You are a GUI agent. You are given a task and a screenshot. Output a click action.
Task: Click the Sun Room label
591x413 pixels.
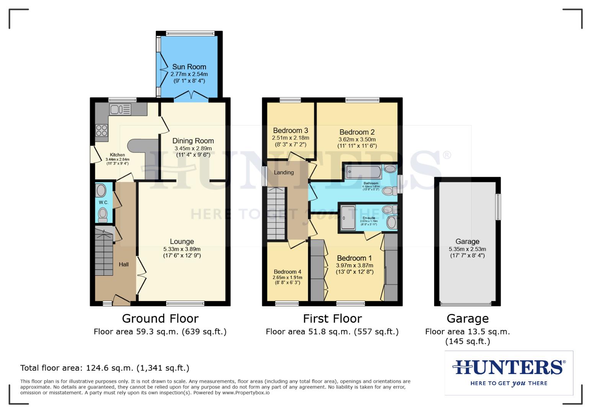(x=189, y=67)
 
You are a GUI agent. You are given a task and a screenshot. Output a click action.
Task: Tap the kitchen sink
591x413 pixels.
(x=120, y=109)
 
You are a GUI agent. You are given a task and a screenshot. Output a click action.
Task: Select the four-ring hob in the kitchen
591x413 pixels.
(x=102, y=130)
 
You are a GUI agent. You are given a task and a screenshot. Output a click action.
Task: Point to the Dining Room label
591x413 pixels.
(x=193, y=141)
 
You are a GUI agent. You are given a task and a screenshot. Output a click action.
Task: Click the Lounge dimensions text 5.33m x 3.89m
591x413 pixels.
(x=182, y=249)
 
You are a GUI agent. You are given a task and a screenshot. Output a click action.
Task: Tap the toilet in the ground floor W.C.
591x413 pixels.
(x=103, y=215)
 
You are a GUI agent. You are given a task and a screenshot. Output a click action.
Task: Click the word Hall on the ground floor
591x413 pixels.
(x=124, y=264)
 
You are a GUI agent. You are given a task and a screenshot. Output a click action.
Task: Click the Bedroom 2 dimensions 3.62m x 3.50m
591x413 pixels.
(x=357, y=140)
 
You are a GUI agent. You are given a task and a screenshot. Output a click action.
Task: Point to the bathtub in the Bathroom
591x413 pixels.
(x=363, y=172)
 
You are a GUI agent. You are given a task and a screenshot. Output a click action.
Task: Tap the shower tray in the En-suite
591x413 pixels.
(x=348, y=218)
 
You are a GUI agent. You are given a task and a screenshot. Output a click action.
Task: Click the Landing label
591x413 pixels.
(x=284, y=172)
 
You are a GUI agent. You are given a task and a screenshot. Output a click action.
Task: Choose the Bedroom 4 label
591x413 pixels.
(x=287, y=272)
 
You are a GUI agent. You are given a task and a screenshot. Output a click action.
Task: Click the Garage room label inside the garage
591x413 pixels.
(x=467, y=242)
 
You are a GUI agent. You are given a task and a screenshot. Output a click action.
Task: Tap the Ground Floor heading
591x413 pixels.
(x=160, y=319)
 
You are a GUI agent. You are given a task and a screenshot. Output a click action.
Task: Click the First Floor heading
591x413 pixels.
(x=332, y=319)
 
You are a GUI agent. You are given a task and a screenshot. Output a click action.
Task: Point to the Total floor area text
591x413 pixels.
(x=104, y=368)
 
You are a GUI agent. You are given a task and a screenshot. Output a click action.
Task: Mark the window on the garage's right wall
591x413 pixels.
(x=498, y=207)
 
